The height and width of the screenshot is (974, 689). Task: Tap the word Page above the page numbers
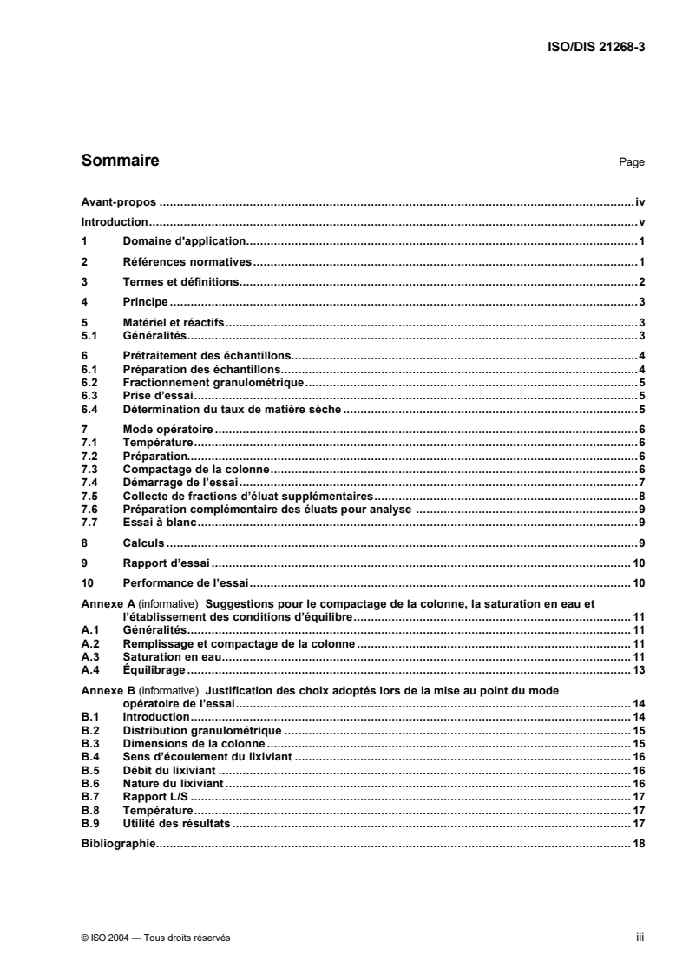pyautogui.click(x=632, y=162)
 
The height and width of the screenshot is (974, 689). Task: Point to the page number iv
pyautogui.click(x=640, y=201)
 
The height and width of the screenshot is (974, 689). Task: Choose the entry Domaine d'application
pyautogui.click(x=186, y=241)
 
